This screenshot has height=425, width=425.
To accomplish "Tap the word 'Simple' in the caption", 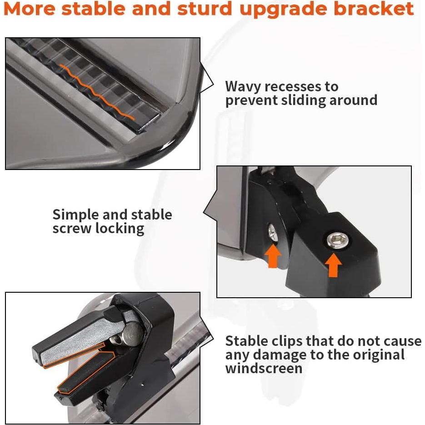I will pyautogui.click(x=75, y=215).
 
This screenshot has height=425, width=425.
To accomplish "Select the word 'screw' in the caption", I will pyautogui.click(x=72, y=228).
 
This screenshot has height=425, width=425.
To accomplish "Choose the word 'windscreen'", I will pyautogui.click(x=264, y=368).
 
